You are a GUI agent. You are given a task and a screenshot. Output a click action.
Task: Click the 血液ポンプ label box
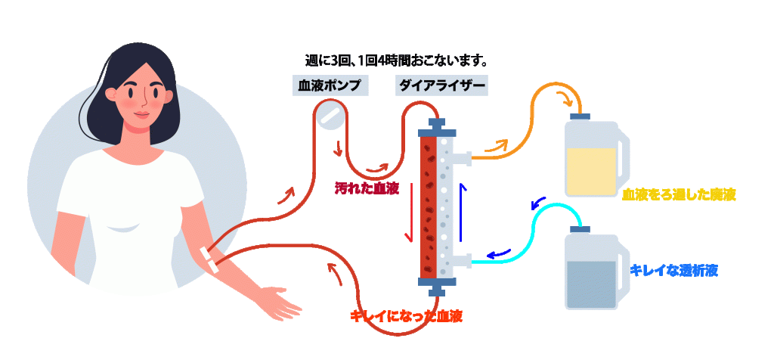[x=330, y=85]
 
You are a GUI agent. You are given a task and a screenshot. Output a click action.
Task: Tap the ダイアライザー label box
[x=441, y=85]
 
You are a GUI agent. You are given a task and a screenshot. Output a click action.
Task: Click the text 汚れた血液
[x=367, y=189]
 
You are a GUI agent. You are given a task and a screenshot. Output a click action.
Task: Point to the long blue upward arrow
[x=462, y=212]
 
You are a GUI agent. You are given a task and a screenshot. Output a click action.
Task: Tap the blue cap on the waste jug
[x=580, y=116]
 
